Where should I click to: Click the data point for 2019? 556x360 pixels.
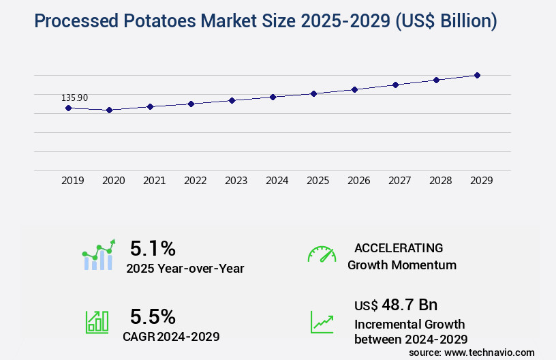[x=68, y=108]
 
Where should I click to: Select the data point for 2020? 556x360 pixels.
[x=109, y=110]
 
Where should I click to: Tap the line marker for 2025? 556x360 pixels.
[x=313, y=93]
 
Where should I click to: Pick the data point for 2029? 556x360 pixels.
[x=478, y=75]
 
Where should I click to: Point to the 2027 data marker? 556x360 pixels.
[x=395, y=85]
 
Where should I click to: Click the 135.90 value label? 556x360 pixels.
[x=74, y=97]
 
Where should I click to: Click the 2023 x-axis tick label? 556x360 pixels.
[x=236, y=181]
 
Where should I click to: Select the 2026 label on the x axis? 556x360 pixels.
[x=358, y=181]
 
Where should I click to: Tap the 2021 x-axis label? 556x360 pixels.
[x=154, y=181]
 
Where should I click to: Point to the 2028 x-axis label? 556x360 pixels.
[x=440, y=181]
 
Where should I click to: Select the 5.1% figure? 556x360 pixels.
[x=153, y=247]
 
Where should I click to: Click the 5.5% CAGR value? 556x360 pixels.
[x=153, y=316]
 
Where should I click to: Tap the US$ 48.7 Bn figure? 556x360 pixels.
[x=396, y=304]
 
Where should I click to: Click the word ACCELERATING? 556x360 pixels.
[x=399, y=247]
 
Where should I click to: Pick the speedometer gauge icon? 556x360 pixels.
[x=322, y=254]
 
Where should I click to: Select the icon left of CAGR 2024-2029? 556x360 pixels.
[x=97, y=322]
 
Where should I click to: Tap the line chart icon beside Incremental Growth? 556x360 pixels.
[x=322, y=322]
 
